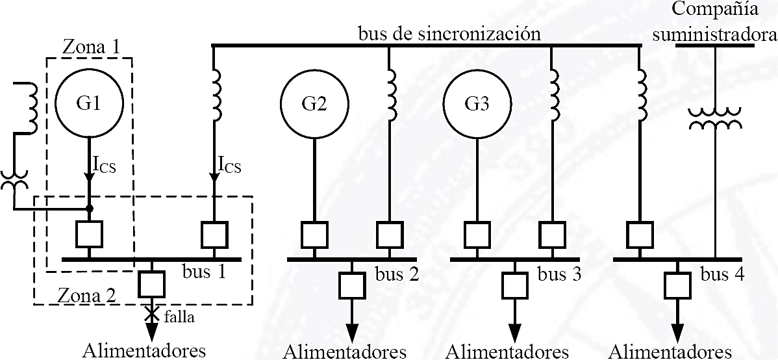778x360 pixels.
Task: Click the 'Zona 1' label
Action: [x=92, y=47]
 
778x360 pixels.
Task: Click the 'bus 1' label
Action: [x=205, y=271]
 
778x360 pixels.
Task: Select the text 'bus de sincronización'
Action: [x=449, y=33]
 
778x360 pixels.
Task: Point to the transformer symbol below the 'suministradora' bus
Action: [x=714, y=119]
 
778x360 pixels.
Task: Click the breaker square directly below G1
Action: [x=89, y=235]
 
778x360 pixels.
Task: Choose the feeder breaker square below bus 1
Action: [x=151, y=283]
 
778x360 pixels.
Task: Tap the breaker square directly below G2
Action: [x=314, y=235]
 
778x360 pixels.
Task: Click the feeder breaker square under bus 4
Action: [x=677, y=283]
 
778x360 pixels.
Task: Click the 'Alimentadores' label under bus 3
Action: [x=507, y=352]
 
